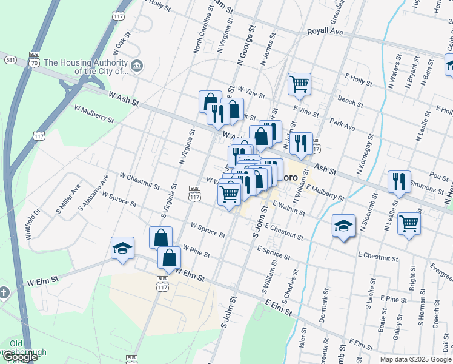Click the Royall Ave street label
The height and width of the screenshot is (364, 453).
(x=326, y=31)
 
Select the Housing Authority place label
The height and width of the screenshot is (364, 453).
(x=85, y=66)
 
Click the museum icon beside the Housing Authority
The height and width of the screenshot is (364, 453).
(x=137, y=66)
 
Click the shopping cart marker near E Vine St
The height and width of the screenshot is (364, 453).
(x=299, y=84)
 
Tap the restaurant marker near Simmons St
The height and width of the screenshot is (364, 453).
(x=398, y=181)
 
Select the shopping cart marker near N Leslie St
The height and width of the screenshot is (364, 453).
(x=409, y=223)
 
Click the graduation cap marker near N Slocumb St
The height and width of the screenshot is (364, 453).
(x=343, y=226)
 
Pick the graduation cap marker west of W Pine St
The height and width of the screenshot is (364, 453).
(x=122, y=248)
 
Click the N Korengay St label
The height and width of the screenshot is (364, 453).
(x=364, y=154)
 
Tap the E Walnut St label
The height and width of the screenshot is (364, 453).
(x=289, y=209)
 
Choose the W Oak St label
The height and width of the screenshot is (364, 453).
(x=122, y=43)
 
